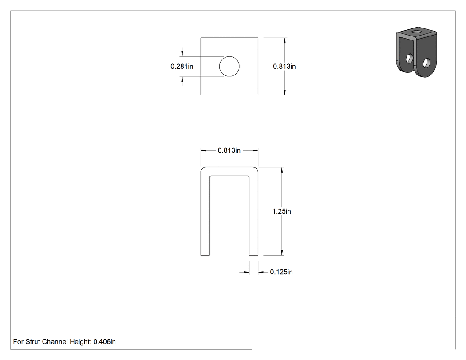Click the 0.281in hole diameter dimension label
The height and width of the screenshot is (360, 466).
[x=182, y=66]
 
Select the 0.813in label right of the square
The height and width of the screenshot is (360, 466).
[x=284, y=66]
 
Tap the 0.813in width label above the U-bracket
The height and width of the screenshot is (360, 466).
[x=229, y=150]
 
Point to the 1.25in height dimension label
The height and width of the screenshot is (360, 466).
[x=282, y=211]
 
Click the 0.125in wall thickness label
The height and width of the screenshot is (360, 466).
[x=281, y=272]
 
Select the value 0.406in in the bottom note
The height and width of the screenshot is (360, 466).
[x=105, y=342]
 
